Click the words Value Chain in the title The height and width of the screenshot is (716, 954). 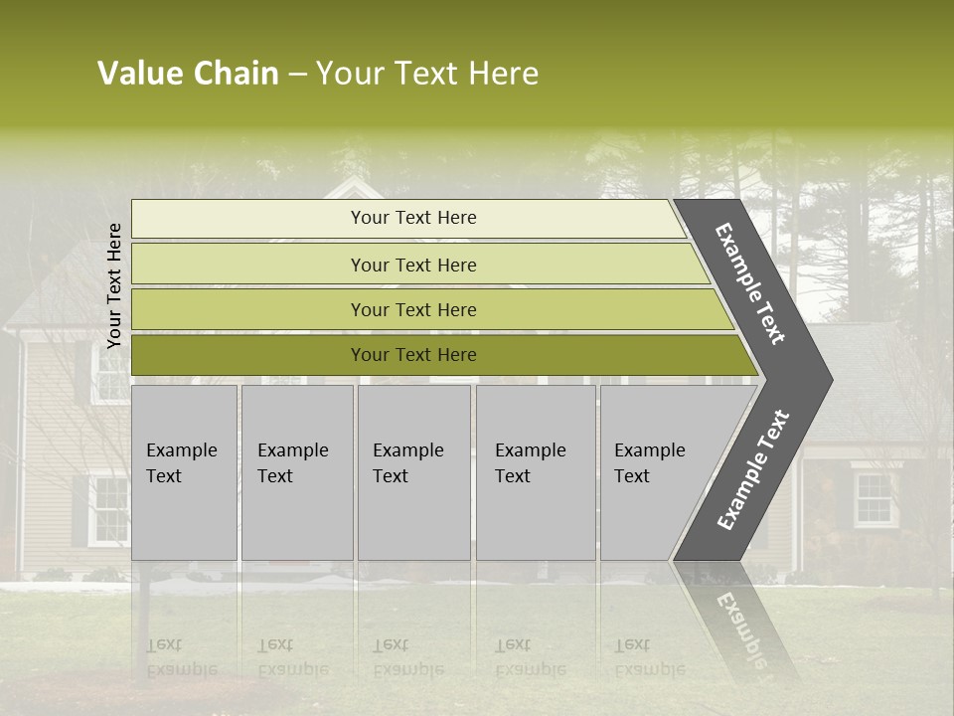click(188, 74)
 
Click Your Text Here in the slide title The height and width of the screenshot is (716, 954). click(427, 74)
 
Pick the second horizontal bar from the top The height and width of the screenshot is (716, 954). click(412, 265)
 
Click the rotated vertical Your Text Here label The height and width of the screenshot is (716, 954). click(114, 285)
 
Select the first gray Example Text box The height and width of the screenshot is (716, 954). click(184, 472)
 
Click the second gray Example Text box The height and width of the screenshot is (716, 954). click(296, 472)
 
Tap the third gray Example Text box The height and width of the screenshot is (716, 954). click(413, 472)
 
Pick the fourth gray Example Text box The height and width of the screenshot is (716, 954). click(535, 472)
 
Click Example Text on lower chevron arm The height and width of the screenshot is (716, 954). click(752, 469)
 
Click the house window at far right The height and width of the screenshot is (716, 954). click(874, 499)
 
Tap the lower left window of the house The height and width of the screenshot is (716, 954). click(108, 509)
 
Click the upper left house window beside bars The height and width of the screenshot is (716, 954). click(110, 374)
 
